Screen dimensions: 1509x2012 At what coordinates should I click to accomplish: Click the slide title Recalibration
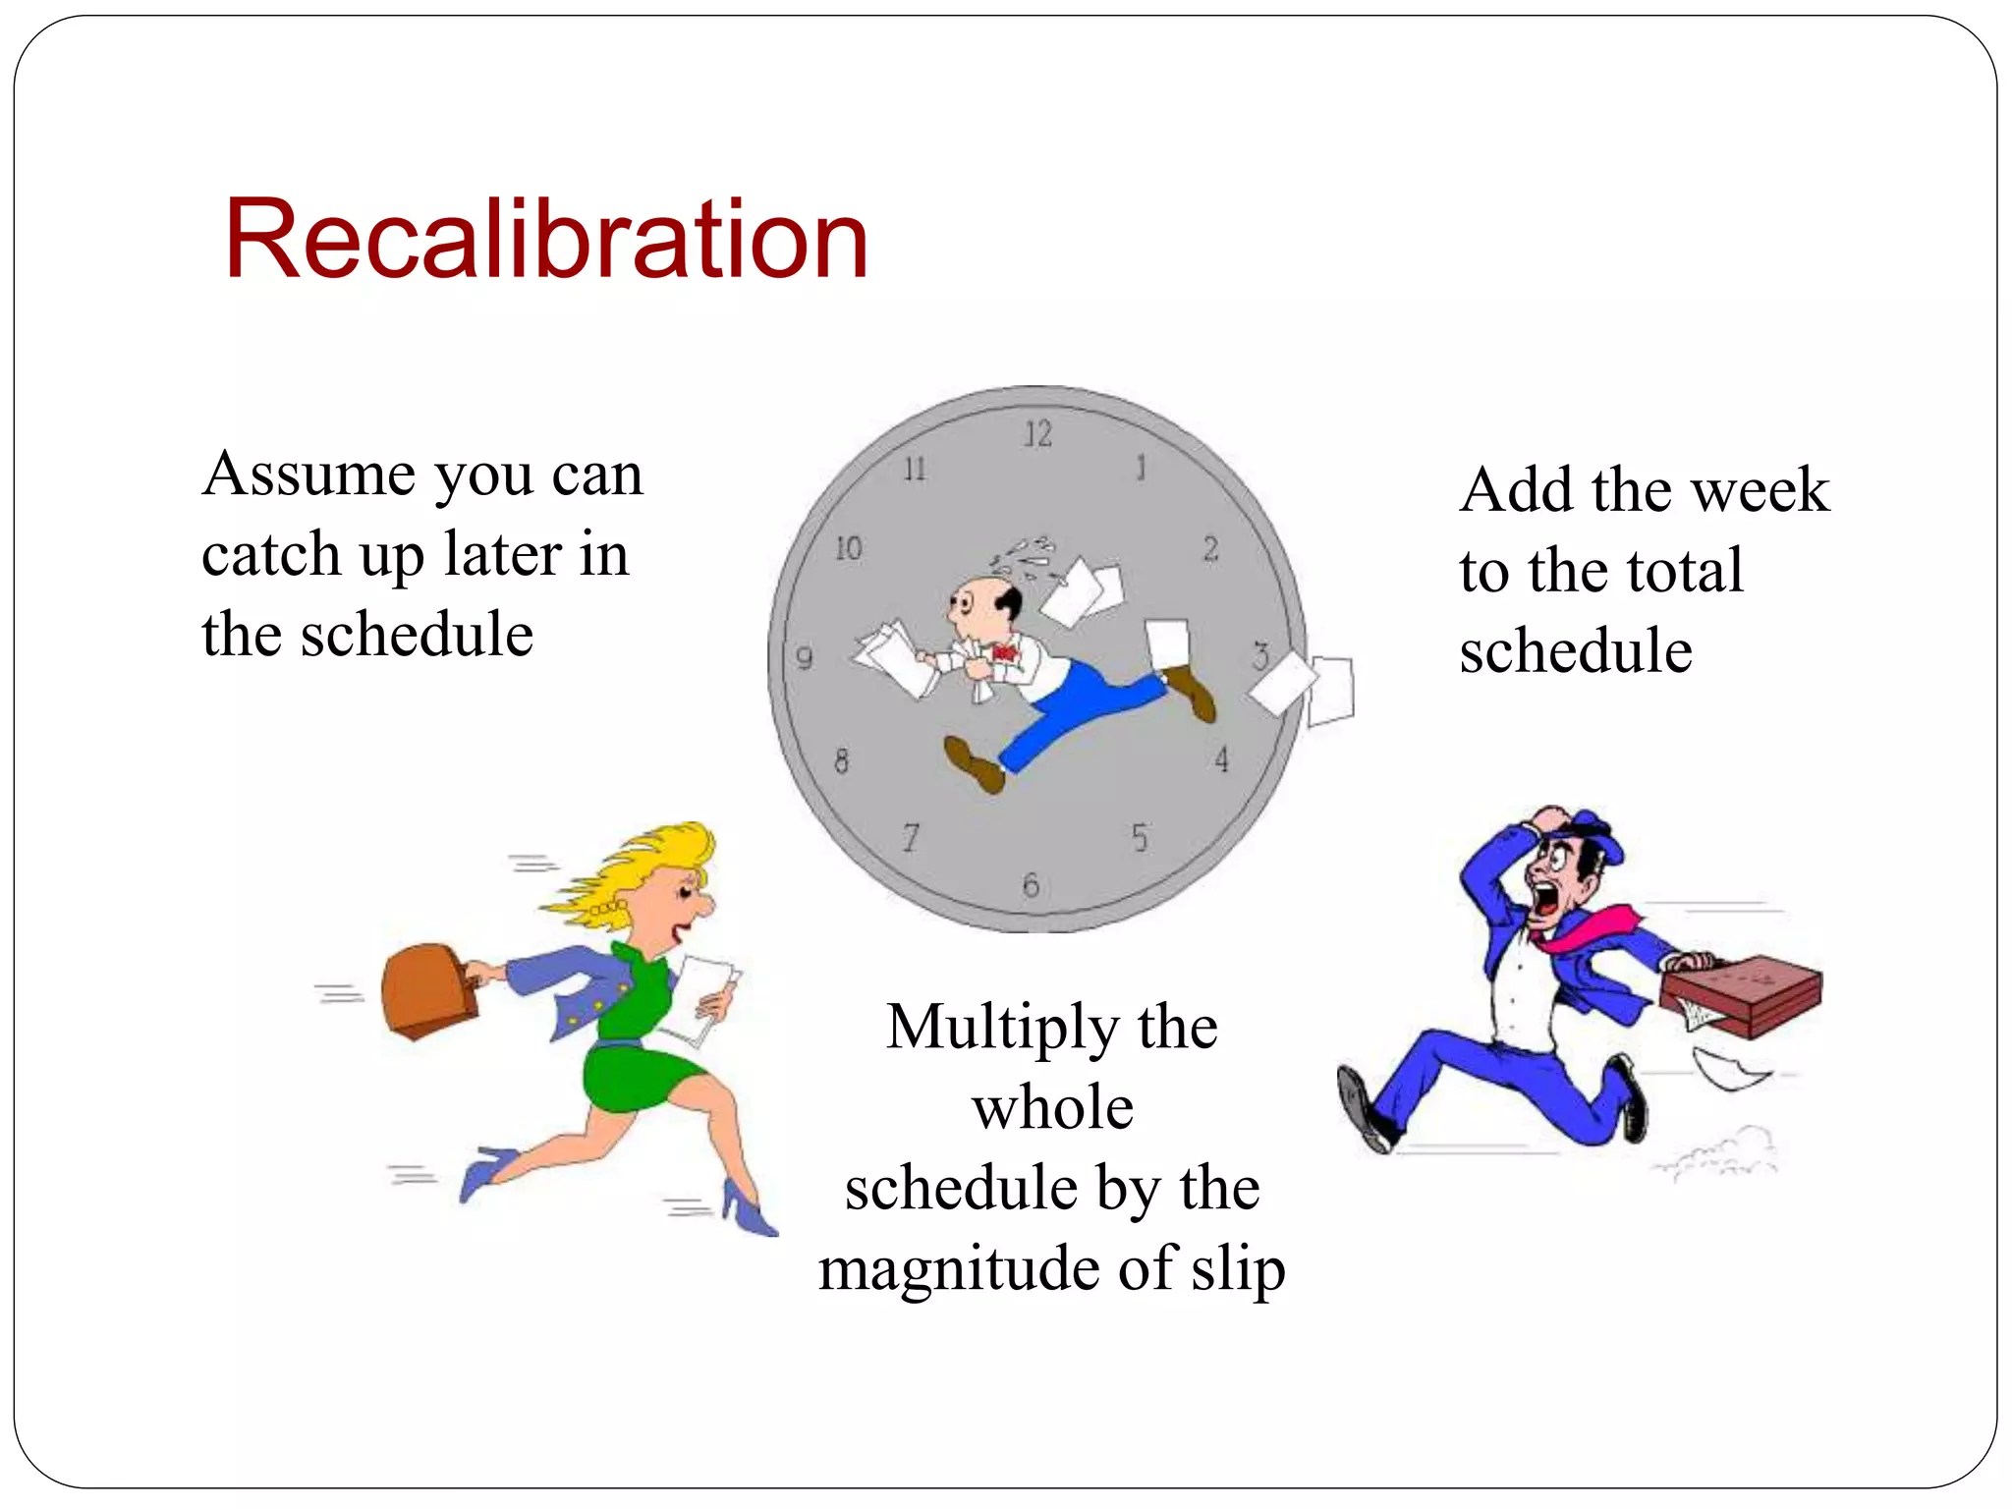point(546,240)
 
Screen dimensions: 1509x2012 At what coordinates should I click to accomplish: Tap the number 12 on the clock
point(1037,433)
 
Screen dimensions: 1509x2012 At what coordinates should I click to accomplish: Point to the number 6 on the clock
point(1031,885)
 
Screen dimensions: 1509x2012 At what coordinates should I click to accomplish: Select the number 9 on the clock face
point(805,657)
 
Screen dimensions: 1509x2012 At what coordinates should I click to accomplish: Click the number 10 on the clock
point(849,548)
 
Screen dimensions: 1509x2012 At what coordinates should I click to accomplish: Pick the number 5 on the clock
point(1140,838)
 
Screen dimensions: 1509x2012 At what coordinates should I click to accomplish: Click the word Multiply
point(1001,1029)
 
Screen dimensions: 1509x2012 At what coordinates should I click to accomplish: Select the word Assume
point(309,475)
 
